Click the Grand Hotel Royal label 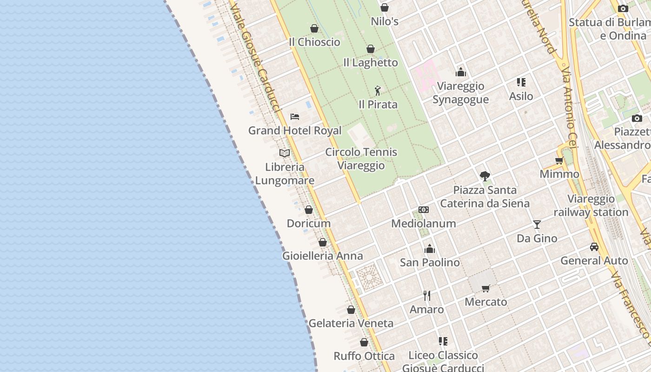tap(295, 131)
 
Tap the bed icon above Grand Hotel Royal tap(294, 116)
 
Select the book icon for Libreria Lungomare tap(285, 153)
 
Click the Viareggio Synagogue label tap(460, 93)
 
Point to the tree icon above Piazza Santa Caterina tap(485, 176)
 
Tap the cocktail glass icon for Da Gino tap(537, 225)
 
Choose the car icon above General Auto tap(594, 246)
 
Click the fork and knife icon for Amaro tap(427, 295)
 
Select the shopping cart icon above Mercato tap(486, 288)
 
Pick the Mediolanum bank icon tap(424, 210)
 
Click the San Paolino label tap(430, 262)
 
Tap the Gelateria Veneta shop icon tap(351, 310)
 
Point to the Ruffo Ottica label tap(364, 356)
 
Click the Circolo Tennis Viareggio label tap(361, 159)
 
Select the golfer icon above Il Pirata tap(378, 91)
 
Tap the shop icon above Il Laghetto tap(371, 49)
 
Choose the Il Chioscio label tap(314, 42)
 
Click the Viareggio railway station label tap(591, 206)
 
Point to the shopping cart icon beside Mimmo tap(559, 161)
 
